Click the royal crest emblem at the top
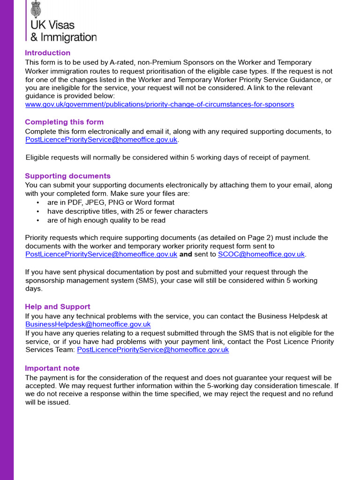click(x=36, y=8)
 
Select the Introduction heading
click(x=47, y=53)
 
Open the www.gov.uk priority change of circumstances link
click(x=159, y=105)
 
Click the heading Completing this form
click(x=64, y=122)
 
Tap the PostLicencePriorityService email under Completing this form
click(x=101, y=140)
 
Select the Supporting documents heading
click(x=67, y=176)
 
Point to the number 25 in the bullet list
click(x=140, y=211)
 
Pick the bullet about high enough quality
click(x=106, y=220)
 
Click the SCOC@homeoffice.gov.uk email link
click(x=261, y=255)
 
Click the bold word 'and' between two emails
click(x=186, y=255)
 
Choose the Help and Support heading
click(x=57, y=307)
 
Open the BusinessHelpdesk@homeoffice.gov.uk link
click(x=88, y=324)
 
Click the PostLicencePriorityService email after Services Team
click(x=153, y=350)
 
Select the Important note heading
click(x=52, y=368)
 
